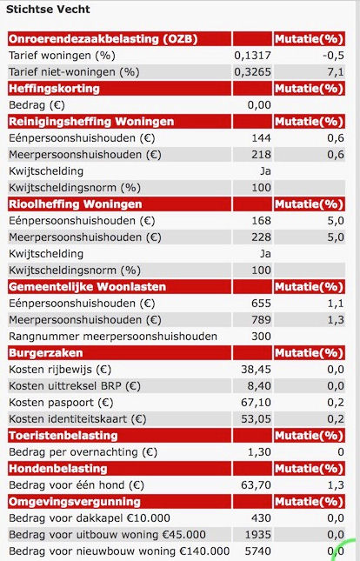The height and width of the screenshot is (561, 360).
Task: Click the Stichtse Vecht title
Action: point(48,10)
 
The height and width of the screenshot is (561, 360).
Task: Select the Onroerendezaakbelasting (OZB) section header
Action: point(103,39)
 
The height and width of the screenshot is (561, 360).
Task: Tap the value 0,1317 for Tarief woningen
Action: point(253,56)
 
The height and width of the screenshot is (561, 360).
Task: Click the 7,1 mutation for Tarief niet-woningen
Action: point(336,72)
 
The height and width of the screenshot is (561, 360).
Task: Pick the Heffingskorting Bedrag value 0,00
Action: point(259,105)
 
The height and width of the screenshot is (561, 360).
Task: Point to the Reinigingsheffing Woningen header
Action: point(91,122)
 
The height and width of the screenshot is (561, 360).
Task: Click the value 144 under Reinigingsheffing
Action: point(261,138)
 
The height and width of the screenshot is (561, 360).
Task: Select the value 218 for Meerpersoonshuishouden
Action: point(261,155)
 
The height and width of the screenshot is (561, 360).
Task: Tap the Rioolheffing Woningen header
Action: point(75,204)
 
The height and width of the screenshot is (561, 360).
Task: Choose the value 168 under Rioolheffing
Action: point(261,221)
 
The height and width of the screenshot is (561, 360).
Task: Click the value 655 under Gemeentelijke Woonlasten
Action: point(261,304)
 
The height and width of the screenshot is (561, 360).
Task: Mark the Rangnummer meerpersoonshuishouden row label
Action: point(113,337)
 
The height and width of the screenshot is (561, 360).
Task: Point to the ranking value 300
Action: point(261,337)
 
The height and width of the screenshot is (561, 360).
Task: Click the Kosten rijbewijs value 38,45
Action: point(256,370)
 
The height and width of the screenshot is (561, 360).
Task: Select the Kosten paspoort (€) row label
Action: point(61,403)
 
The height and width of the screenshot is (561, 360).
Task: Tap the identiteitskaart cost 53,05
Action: point(256,419)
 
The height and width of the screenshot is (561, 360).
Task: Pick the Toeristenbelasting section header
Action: point(63,436)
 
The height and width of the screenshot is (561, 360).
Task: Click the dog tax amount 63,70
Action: point(256,485)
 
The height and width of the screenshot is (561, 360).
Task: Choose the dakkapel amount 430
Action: point(261,518)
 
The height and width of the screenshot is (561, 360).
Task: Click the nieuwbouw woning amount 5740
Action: point(258,551)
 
